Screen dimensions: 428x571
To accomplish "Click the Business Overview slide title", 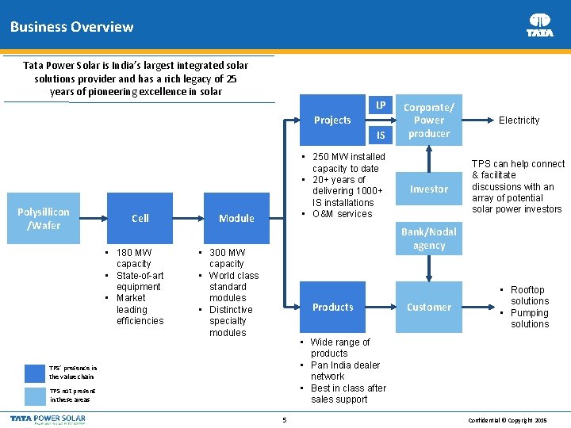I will click(x=71, y=27).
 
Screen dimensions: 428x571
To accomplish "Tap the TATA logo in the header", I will click(x=540, y=25).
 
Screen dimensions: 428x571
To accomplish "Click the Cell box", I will click(x=140, y=219).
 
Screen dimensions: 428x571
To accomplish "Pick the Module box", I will click(x=236, y=219).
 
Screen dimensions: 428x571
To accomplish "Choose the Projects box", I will click(x=332, y=120).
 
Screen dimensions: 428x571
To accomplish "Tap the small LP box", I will click(x=381, y=105).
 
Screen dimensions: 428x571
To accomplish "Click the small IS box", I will click(x=381, y=136).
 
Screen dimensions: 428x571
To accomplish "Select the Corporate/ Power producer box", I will click(x=429, y=120).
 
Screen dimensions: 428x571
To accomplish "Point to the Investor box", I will click(x=429, y=189).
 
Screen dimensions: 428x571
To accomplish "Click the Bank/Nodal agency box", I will click(x=429, y=239).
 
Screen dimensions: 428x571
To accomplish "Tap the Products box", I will click(x=332, y=308).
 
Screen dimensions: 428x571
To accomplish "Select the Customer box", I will click(x=429, y=308).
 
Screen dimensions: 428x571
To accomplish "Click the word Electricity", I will click(x=519, y=120).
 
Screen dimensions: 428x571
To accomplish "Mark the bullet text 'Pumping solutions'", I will click(x=529, y=319).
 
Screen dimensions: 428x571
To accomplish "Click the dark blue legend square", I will click(x=35, y=373).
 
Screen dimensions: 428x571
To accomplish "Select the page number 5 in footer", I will click(x=284, y=419).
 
